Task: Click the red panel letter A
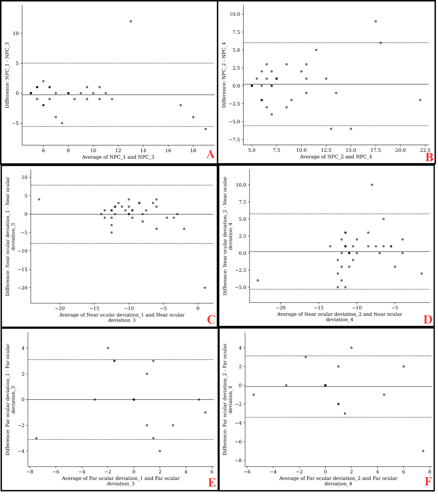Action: point(210,155)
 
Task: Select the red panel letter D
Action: point(428,319)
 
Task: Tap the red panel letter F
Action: point(428,482)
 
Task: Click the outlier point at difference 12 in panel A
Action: point(131,21)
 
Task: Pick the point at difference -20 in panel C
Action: point(205,288)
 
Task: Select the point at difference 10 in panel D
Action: point(372,185)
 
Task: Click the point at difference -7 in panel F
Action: point(423,451)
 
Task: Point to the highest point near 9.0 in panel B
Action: point(376,21)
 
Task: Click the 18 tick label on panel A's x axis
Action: point(193,150)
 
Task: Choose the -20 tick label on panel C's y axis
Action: point(23,288)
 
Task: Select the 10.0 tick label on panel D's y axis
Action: point(240,185)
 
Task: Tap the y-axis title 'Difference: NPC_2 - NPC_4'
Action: point(224,75)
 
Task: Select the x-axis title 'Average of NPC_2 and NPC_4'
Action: point(336,156)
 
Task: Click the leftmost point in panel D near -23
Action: point(258,280)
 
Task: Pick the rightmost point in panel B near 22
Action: point(420,100)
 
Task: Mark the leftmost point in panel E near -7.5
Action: point(36,438)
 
